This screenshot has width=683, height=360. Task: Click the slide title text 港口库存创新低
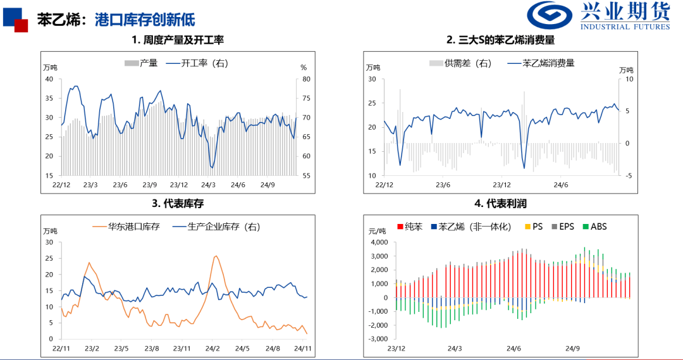point(136,19)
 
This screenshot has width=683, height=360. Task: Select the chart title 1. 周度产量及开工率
point(178,40)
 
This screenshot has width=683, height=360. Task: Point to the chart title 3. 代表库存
point(178,203)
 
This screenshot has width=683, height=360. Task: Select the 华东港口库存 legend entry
point(130,227)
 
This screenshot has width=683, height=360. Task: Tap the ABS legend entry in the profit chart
point(594,226)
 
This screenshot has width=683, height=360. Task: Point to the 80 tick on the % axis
point(307,80)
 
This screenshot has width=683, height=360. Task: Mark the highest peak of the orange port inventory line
point(216,256)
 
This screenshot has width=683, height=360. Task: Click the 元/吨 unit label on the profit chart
point(376,232)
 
